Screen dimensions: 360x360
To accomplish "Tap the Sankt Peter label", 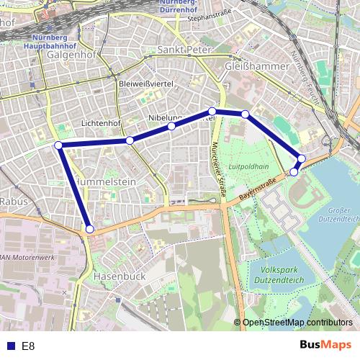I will (185, 50).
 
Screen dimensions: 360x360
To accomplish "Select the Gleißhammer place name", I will (256, 66).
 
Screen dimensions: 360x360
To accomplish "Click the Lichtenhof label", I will (101, 123).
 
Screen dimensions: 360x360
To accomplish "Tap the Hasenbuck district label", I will (120, 276).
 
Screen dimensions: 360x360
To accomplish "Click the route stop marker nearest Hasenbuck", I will (90, 229).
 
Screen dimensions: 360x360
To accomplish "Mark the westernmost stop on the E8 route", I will (58, 145).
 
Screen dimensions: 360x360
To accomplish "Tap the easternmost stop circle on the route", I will (302, 158).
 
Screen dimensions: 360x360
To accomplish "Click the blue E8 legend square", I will (10, 346).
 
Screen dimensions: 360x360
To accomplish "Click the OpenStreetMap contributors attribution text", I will (297, 323).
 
